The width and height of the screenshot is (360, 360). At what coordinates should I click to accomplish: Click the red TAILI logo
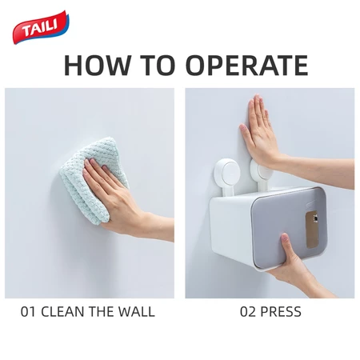pyautogui.click(x=41, y=26)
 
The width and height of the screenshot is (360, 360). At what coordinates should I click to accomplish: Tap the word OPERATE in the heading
pyautogui.click(x=247, y=65)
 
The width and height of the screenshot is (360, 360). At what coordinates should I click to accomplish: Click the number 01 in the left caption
pyautogui.click(x=28, y=311)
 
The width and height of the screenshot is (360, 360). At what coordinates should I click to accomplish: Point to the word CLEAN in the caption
pyautogui.click(x=63, y=311)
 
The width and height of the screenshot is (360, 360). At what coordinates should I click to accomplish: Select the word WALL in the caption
pyautogui.click(x=137, y=311)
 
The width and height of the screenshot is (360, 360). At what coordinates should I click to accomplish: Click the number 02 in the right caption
pyautogui.click(x=247, y=311)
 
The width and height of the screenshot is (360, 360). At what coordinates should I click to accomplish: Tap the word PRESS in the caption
pyautogui.click(x=281, y=311)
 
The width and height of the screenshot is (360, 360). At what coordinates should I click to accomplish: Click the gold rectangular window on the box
pyautogui.click(x=312, y=230)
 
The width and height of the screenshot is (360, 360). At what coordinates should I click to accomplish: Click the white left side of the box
pyautogui.click(x=230, y=226)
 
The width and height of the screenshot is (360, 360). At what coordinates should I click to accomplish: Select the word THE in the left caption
pyautogui.click(x=102, y=311)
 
